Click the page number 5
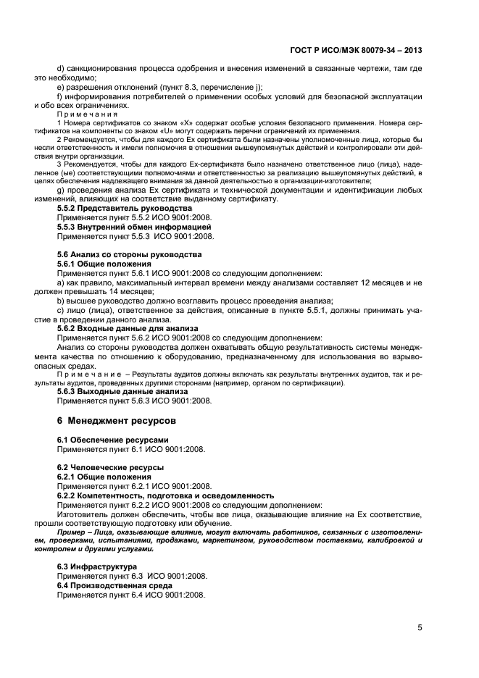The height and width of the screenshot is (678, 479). [420, 628]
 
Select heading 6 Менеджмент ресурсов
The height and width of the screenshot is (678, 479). [116, 421]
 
